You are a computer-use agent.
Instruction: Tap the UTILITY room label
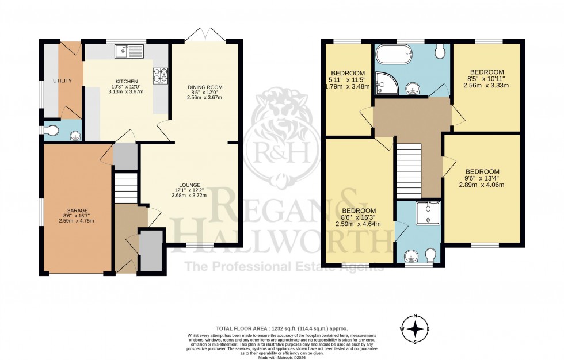tap(62, 81)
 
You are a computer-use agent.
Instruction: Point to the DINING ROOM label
tap(205, 87)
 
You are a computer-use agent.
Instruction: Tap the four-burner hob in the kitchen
tap(159, 74)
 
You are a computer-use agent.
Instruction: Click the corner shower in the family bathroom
tap(382, 84)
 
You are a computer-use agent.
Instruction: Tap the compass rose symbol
tap(415, 330)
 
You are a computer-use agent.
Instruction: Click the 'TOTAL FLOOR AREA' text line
tap(281, 325)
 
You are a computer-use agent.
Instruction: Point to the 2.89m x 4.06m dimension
tap(482, 185)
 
